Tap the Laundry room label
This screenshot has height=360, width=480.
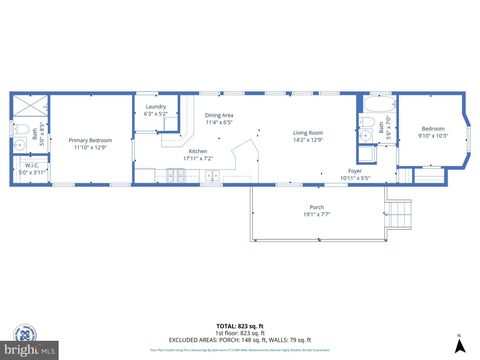[155, 106]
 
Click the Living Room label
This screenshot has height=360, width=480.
[308, 133]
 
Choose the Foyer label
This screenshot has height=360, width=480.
[355, 170]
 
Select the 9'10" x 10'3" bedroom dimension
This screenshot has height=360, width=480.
[433, 135]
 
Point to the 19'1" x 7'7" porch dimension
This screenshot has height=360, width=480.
[316, 213]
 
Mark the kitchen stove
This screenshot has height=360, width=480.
[213, 176]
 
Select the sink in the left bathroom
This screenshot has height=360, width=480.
[19, 147]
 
